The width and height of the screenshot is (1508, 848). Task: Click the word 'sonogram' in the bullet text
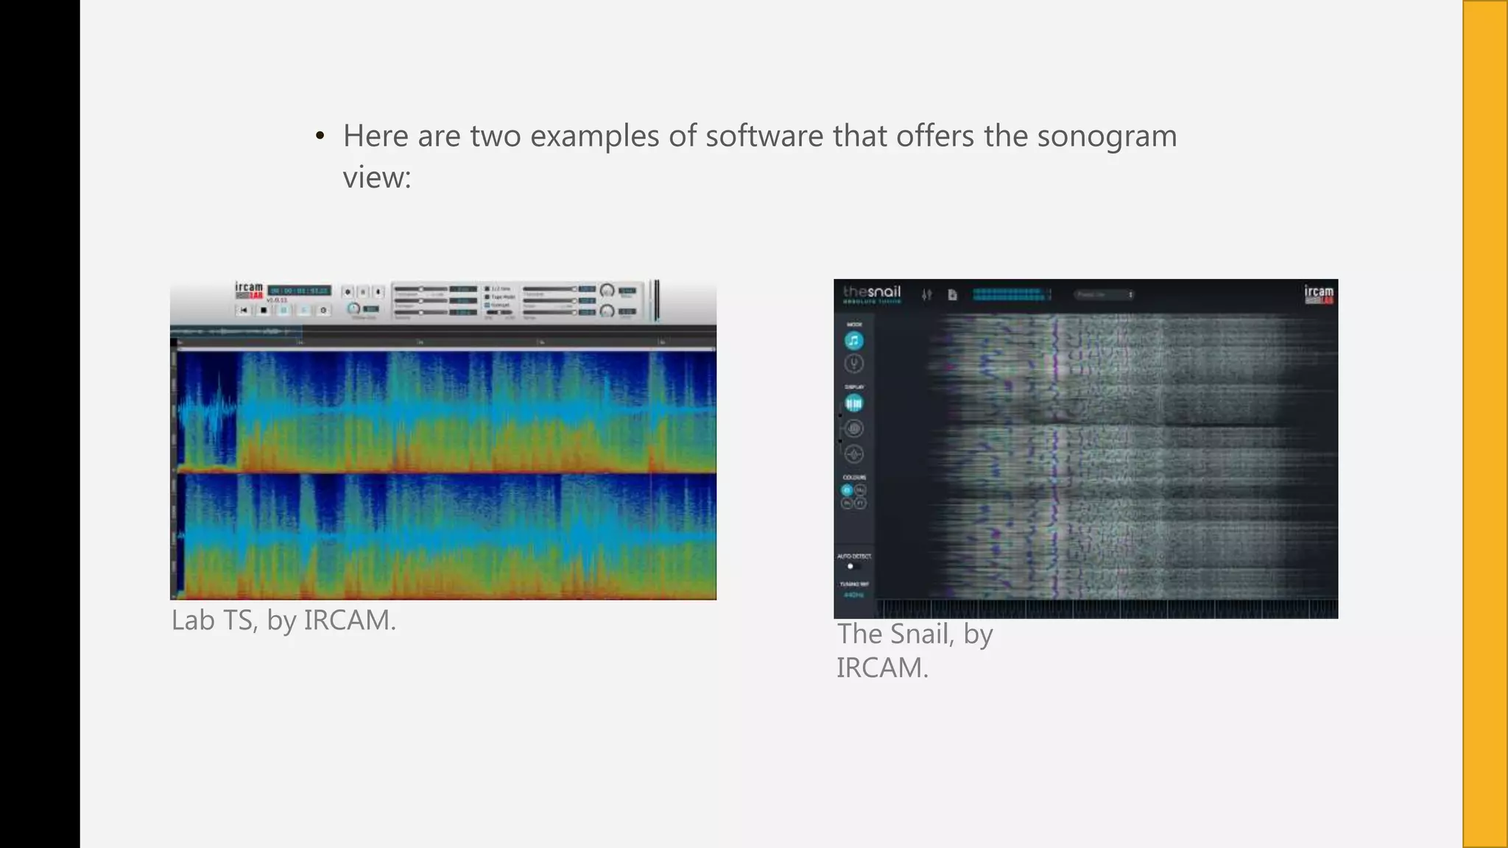pos(1107,137)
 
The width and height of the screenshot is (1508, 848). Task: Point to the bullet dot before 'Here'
pos(320,136)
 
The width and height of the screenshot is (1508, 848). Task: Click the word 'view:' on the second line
pos(377,177)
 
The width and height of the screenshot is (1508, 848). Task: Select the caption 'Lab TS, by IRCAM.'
pos(283,621)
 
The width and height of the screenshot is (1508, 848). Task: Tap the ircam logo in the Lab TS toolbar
pos(249,290)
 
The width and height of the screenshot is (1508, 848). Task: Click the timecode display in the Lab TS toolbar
pos(299,291)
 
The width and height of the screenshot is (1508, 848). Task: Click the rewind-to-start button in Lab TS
pos(244,310)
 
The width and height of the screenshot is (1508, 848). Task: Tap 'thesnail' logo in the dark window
pos(872,292)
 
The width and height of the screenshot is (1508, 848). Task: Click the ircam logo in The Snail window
pos(1318,294)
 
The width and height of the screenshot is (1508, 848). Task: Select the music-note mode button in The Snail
pos(853,341)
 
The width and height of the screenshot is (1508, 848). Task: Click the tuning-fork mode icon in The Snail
pos(853,364)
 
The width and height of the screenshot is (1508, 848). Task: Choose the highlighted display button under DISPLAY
pos(853,403)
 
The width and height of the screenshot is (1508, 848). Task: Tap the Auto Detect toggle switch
pos(852,566)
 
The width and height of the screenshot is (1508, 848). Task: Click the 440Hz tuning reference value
pos(853,595)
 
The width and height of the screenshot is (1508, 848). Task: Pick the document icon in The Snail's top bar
pos(952,294)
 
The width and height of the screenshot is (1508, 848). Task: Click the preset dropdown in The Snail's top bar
pos(1102,294)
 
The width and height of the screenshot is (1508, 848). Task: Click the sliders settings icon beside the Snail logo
pos(926,294)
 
